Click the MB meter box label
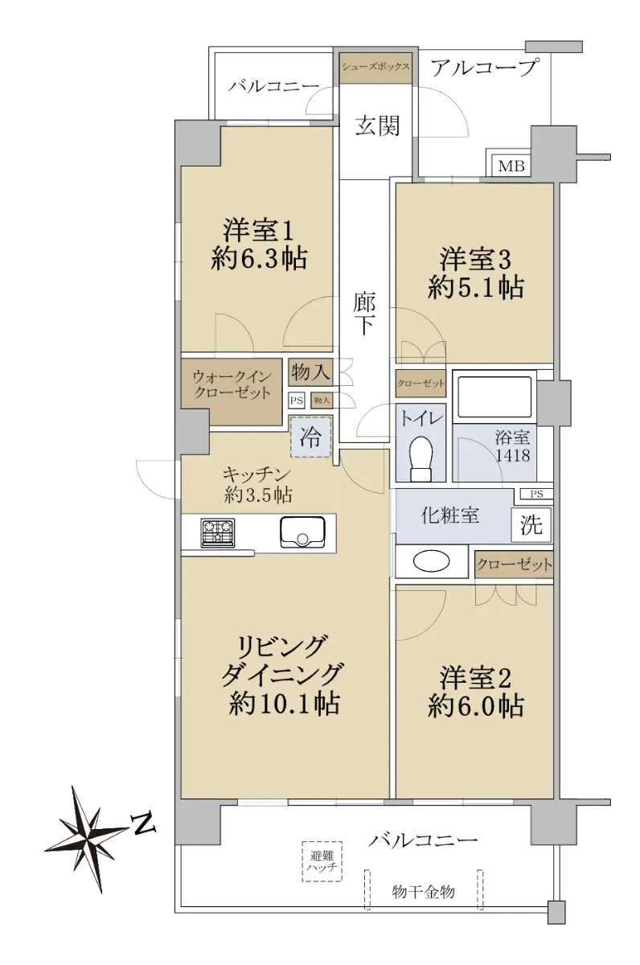[511, 166]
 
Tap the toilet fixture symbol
[421, 459]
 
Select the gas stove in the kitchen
[218, 532]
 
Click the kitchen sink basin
[302, 532]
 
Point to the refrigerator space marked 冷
[310, 437]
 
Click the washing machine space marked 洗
[531, 525]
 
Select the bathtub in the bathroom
[494, 397]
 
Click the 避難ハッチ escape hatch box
[322, 861]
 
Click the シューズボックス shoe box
[375, 68]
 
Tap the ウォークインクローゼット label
[232, 384]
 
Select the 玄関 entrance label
[377, 125]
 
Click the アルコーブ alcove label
[485, 68]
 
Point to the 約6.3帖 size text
[259, 259]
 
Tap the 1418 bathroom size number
[512, 455]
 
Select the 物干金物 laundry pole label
[424, 892]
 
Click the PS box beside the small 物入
[297, 400]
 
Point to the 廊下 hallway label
[364, 314]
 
